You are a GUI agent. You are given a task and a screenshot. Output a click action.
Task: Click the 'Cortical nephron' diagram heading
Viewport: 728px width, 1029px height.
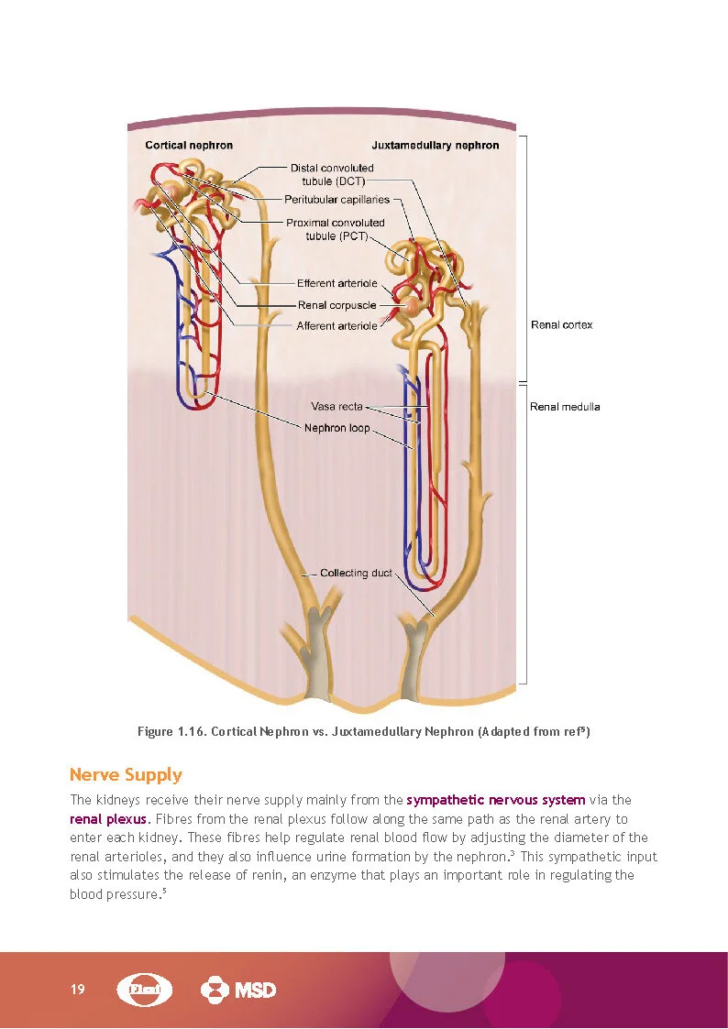pos(189,145)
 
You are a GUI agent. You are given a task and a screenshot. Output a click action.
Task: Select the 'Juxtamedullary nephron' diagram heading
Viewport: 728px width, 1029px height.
pos(436,145)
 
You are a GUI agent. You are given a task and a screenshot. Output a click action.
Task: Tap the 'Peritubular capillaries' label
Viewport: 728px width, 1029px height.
pos(336,199)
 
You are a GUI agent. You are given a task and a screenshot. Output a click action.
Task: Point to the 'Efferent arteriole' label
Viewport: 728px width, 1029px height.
pos(337,283)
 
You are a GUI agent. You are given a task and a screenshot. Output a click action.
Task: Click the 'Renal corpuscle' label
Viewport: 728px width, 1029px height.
pos(337,305)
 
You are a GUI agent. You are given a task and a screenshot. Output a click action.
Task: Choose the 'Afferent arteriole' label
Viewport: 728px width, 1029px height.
pos(336,326)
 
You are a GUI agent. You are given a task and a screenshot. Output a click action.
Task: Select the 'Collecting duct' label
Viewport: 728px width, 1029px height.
pos(356,573)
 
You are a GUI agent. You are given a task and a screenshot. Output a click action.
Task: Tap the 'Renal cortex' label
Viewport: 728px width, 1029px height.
pos(561,325)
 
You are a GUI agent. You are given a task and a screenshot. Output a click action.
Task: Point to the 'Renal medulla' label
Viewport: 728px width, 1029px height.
pos(565,407)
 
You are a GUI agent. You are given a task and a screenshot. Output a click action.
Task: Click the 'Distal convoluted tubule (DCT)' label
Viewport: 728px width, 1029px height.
pos(332,174)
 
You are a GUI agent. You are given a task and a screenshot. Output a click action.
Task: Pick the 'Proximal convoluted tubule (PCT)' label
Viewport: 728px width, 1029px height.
pos(336,229)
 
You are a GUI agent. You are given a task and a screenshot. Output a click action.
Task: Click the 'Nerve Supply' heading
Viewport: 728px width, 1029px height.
pos(126,775)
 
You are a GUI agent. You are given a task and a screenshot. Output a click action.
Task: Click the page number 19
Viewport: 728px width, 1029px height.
pos(77,990)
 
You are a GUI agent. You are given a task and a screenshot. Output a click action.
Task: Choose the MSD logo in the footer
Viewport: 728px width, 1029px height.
pos(237,990)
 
